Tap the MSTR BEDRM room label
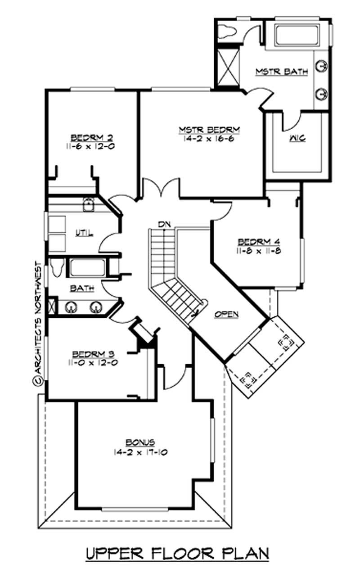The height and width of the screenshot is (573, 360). [208, 130]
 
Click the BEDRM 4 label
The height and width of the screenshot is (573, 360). [259, 241]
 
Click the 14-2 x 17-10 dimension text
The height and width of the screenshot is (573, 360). [140, 452]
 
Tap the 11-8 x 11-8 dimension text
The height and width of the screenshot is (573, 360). [259, 251]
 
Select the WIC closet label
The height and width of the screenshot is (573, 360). [297, 138]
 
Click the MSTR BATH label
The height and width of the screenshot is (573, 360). [282, 72]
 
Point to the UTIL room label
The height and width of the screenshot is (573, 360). [84, 233]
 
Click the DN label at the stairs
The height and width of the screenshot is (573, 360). [163, 224]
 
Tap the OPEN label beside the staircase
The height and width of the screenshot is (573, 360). [226, 314]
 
